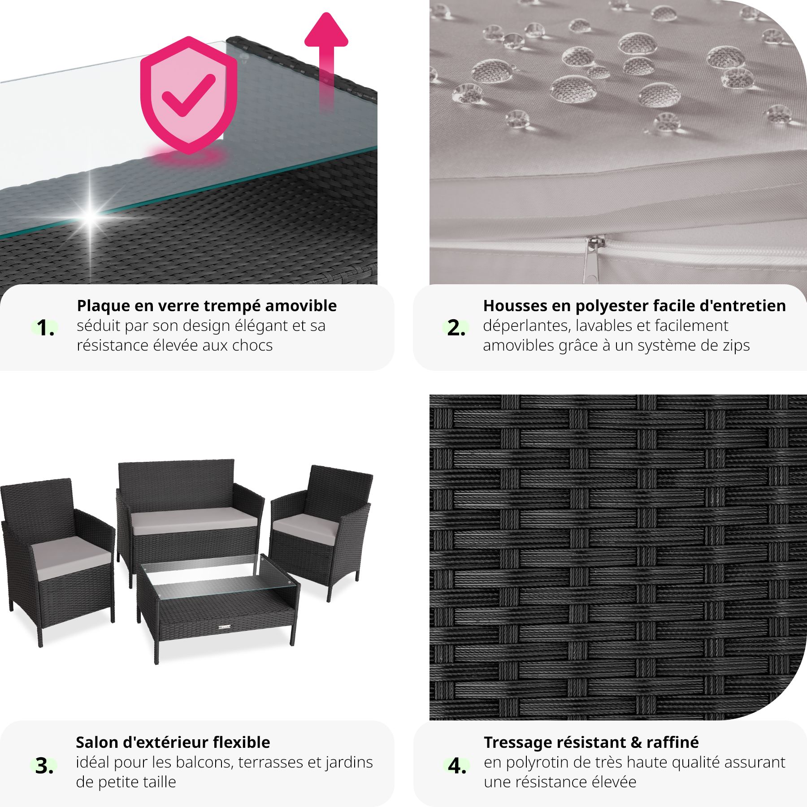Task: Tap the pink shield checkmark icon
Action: click(189, 95)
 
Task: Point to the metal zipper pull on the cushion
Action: click(592, 259)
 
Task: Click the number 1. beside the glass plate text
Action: click(46, 328)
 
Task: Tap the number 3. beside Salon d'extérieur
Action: click(44, 766)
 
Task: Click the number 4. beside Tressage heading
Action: click(457, 766)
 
